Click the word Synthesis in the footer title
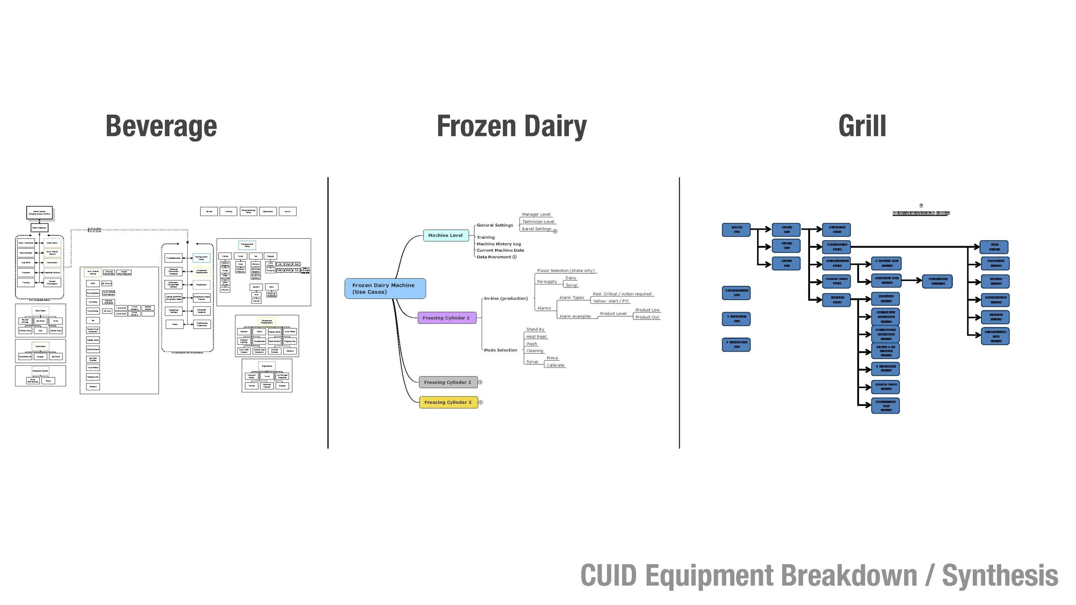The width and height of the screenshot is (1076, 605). click(1000, 576)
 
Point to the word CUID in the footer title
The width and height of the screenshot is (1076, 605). click(608, 576)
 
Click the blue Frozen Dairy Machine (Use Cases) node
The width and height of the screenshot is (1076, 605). click(385, 288)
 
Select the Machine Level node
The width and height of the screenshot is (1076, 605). click(445, 235)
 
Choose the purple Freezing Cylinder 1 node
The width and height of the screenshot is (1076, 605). click(446, 318)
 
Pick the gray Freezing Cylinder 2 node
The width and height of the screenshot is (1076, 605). click(448, 382)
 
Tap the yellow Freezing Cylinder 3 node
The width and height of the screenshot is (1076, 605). click(448, 402)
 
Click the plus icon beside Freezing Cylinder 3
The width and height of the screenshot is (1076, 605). click(481, 402)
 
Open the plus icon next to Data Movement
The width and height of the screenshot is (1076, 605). click(514, 257)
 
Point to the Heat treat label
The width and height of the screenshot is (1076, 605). click(536, 336)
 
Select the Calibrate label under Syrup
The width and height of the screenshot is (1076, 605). click(555, 365)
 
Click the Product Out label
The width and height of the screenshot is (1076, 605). click(647, 317)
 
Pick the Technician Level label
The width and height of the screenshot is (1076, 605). click(538, 222)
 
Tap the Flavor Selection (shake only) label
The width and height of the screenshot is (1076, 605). click(566, 271)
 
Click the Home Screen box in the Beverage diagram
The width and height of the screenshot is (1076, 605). click(40, 213)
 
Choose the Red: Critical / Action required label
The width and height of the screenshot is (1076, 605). click(622, 294)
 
